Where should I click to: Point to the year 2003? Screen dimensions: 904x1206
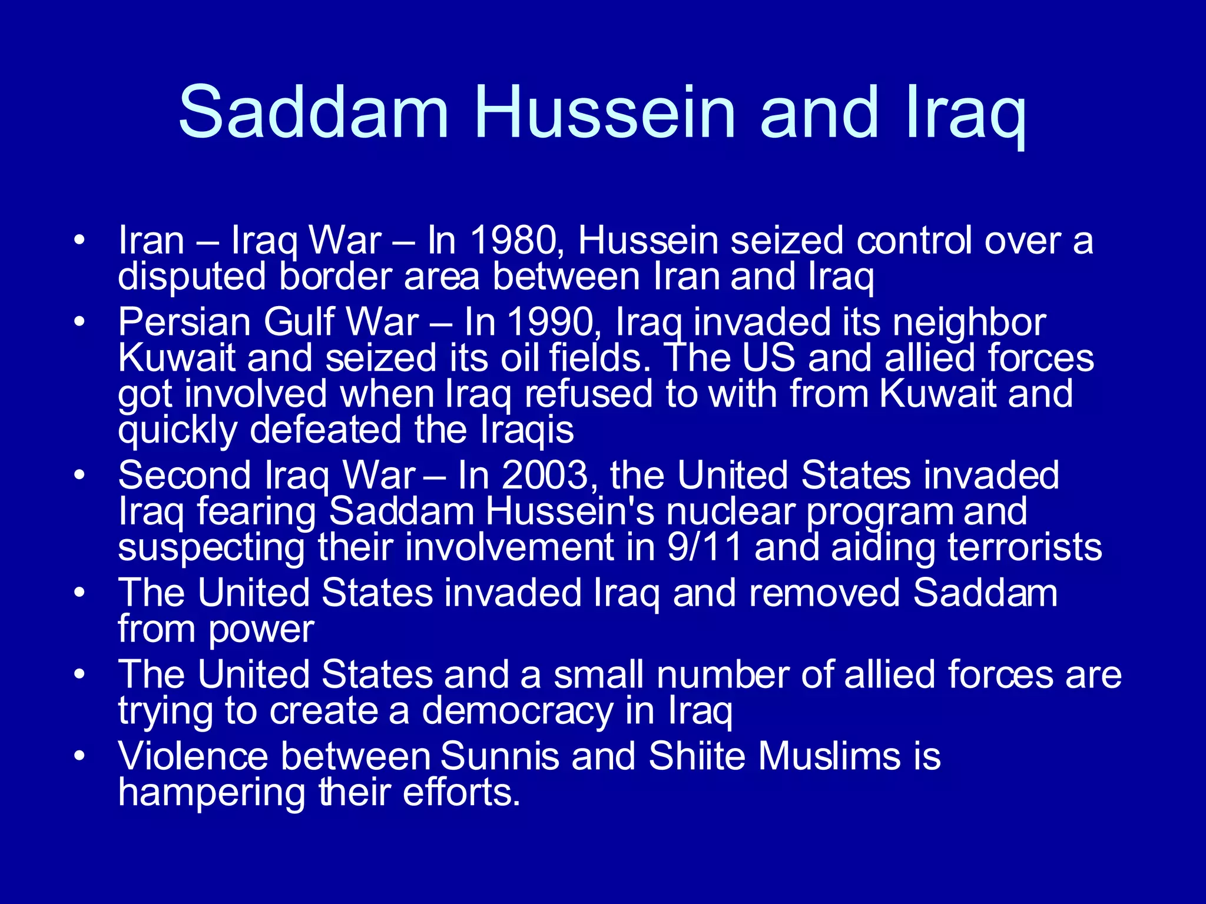tap(545, 475)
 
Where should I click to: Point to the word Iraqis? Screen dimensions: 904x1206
tap(527, 430)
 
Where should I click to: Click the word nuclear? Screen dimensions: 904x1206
tap(730, 511)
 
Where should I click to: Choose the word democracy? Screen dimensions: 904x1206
tap(518, 711)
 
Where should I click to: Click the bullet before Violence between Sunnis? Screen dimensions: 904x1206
tap(80, 755)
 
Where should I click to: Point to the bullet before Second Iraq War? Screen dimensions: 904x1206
tap(80, 474)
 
